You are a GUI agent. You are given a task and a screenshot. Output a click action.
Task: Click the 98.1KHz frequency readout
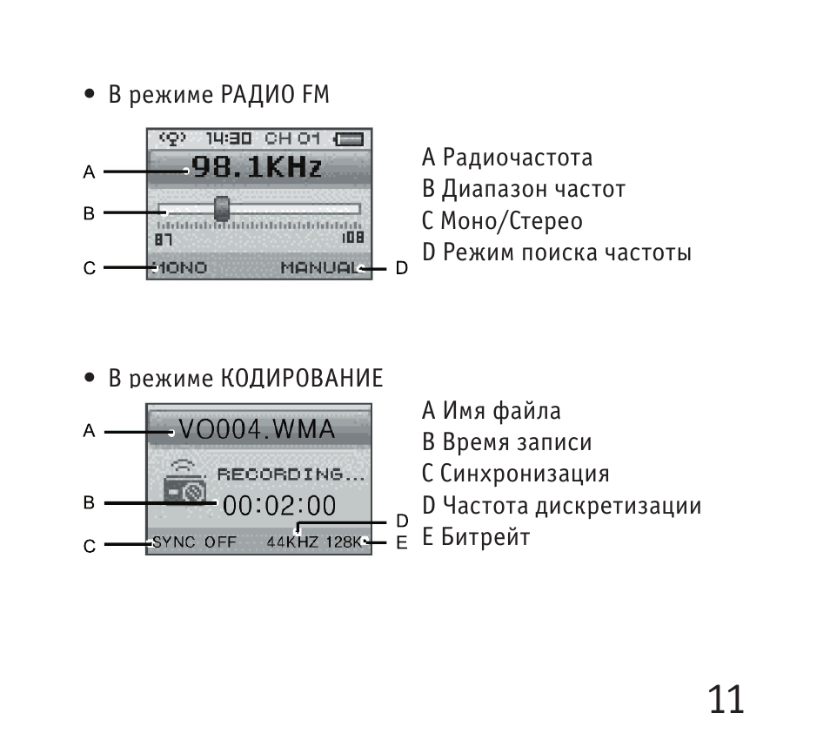pyautogui.click(x=257, y=167)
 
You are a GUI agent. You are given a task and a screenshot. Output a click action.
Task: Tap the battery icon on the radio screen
pyautogui.click(x=349, y=139)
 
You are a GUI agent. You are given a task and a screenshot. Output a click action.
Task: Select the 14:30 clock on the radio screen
pyautogui.click(x=229, y=138)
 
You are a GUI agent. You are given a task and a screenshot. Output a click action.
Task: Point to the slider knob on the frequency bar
pyautogui.click(x=222, y=209)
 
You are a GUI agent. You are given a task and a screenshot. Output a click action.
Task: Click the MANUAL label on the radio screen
pyautogui.click(x=319, y=268)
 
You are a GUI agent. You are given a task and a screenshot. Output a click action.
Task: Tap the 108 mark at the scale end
pyautogui.click(x=353, y=237)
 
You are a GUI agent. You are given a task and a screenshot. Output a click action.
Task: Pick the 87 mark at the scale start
pyautogui.click(x=164, y=240)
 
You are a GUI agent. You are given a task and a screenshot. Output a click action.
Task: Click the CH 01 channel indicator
pyautogui.click(x=292, y=138)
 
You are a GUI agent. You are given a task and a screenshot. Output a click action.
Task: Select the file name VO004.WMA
pyautogui.click(x=257, y=429)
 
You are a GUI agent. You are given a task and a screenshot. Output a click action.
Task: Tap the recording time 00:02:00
pyautogui.click(x=279, y=506)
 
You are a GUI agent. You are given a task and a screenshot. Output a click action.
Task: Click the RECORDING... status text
pyautogui.click(x=291, y=474)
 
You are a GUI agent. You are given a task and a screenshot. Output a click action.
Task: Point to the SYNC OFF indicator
pyautogui.click(x=194, y=542)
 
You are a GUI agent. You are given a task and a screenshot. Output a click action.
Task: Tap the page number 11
pyautogui.click(x=726, y=699)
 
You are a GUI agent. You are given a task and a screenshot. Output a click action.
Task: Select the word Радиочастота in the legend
pyautogui.click(x=518, y=158)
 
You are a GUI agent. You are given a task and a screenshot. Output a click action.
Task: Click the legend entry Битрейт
pyautogui.click(x=485, y=537)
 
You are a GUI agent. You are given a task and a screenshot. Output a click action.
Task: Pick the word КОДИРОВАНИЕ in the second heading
pyautogui.click(x=302, y=378)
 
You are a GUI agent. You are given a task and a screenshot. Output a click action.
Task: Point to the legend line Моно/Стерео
pyautogui.click(x=512, y=221)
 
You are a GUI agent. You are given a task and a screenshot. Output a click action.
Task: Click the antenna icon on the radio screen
pyautogui.click(x=172, y=138)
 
